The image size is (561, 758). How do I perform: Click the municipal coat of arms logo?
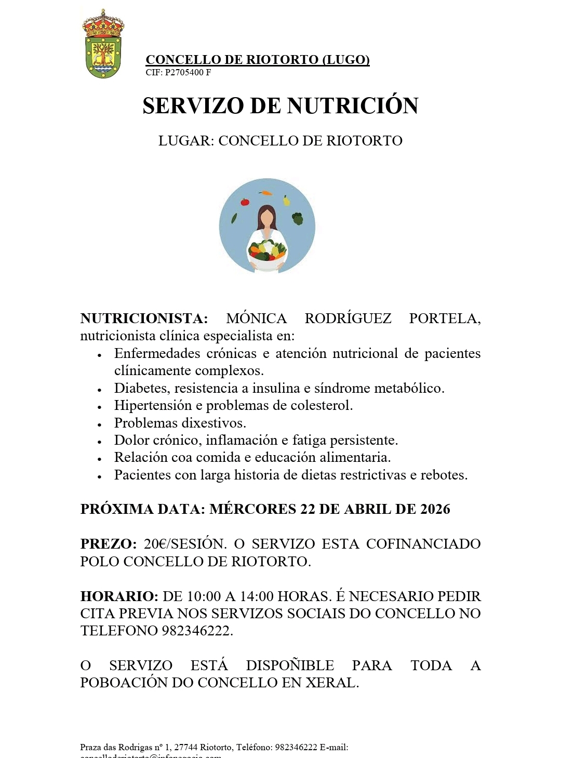(103, 45)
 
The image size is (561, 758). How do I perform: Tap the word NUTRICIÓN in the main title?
(353, 106)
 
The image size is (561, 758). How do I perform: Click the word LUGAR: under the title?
(186, 141)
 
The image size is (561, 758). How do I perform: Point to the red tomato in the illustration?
(245, 202)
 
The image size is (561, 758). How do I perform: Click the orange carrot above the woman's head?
(266, 193)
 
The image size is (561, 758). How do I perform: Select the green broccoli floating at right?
(297, 218)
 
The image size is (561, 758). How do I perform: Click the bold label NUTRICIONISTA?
(144, 318)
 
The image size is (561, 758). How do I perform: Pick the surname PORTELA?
(444, 318)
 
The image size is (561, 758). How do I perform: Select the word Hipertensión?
(153, 405)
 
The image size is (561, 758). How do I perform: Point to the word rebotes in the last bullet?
(443, 475)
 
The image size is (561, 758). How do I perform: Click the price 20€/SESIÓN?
(185, 544)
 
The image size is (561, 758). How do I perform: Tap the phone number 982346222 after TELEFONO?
(197, 631)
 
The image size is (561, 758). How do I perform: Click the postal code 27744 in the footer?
(185, 747)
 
